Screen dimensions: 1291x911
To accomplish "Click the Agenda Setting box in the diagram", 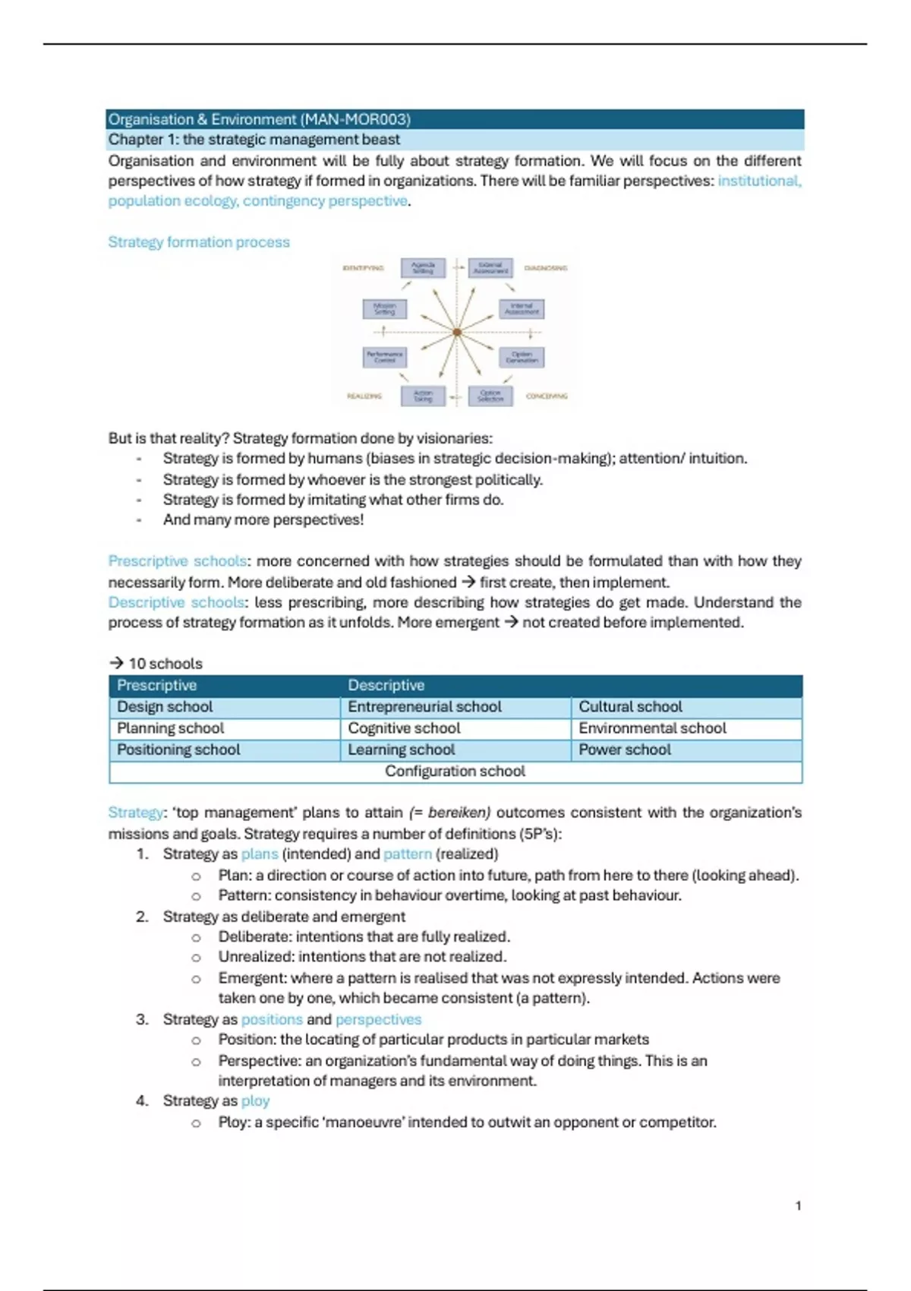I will tap(423, 268).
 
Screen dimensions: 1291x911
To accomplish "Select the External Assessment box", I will tap(490, 268).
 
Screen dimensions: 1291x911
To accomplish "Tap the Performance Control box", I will tap(385, 357).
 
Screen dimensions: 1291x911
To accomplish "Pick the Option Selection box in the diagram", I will tap(490, 396).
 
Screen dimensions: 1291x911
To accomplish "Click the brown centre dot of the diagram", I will tap(457, 332).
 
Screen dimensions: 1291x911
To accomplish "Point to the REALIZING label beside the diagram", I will tap(364, 396).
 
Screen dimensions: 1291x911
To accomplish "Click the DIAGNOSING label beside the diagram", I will tap(546, 268).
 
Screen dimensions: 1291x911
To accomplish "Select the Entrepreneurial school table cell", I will tap(424, 707).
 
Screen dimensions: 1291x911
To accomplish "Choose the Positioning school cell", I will tap(178, 750).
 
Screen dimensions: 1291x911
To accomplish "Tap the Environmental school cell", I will tap(652, 728).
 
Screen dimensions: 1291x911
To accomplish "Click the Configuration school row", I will tap(455, 772).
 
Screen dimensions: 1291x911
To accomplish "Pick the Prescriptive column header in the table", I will tap(157, 685).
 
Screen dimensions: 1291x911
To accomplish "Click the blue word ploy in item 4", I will tap(255, 1101).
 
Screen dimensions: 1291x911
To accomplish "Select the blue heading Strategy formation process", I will tap(199, 242).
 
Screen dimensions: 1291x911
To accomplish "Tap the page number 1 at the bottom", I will tap(798, 1206).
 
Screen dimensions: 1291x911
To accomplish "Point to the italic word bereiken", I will tap(459, 813).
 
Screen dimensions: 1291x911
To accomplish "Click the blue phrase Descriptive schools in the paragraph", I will tap(176, 602).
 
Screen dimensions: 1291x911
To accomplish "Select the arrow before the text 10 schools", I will tap(116, 663).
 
